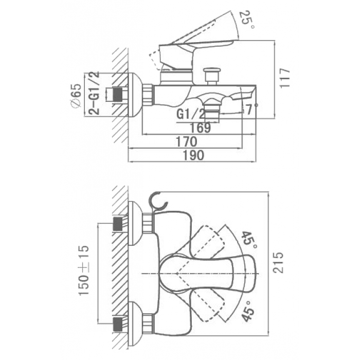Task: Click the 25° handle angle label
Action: pyautogui.click(x=247, y=20)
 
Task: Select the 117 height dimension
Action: pyautogui.click(x=285, y=77)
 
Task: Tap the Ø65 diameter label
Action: pyautogui.click(x=76, y=95)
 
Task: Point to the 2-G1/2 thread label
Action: pyautogui.click(x=94, y=93)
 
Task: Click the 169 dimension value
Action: pyautogui.click(x=200, y=128)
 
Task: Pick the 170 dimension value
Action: pyautogui.click(x=186, y=141)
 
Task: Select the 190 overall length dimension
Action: pyautogui.click(x=193, y=155)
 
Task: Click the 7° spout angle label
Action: pyautogui.click(x=250, y=110)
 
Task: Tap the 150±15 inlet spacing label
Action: pyautogui.click(x=83, y=271)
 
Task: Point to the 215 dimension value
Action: pyautogui.click(x=278, y=262)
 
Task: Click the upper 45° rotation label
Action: pyautogui.click(x=248, y=240)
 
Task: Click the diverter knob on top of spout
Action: pyautogui.click(x=212, y=76)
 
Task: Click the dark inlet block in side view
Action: pyautogui.click(x=118, y=94)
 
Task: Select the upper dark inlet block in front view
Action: pyautogui.click(x=118, y=224)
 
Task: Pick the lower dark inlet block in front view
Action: pyautogui.click(x=118, y=325)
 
